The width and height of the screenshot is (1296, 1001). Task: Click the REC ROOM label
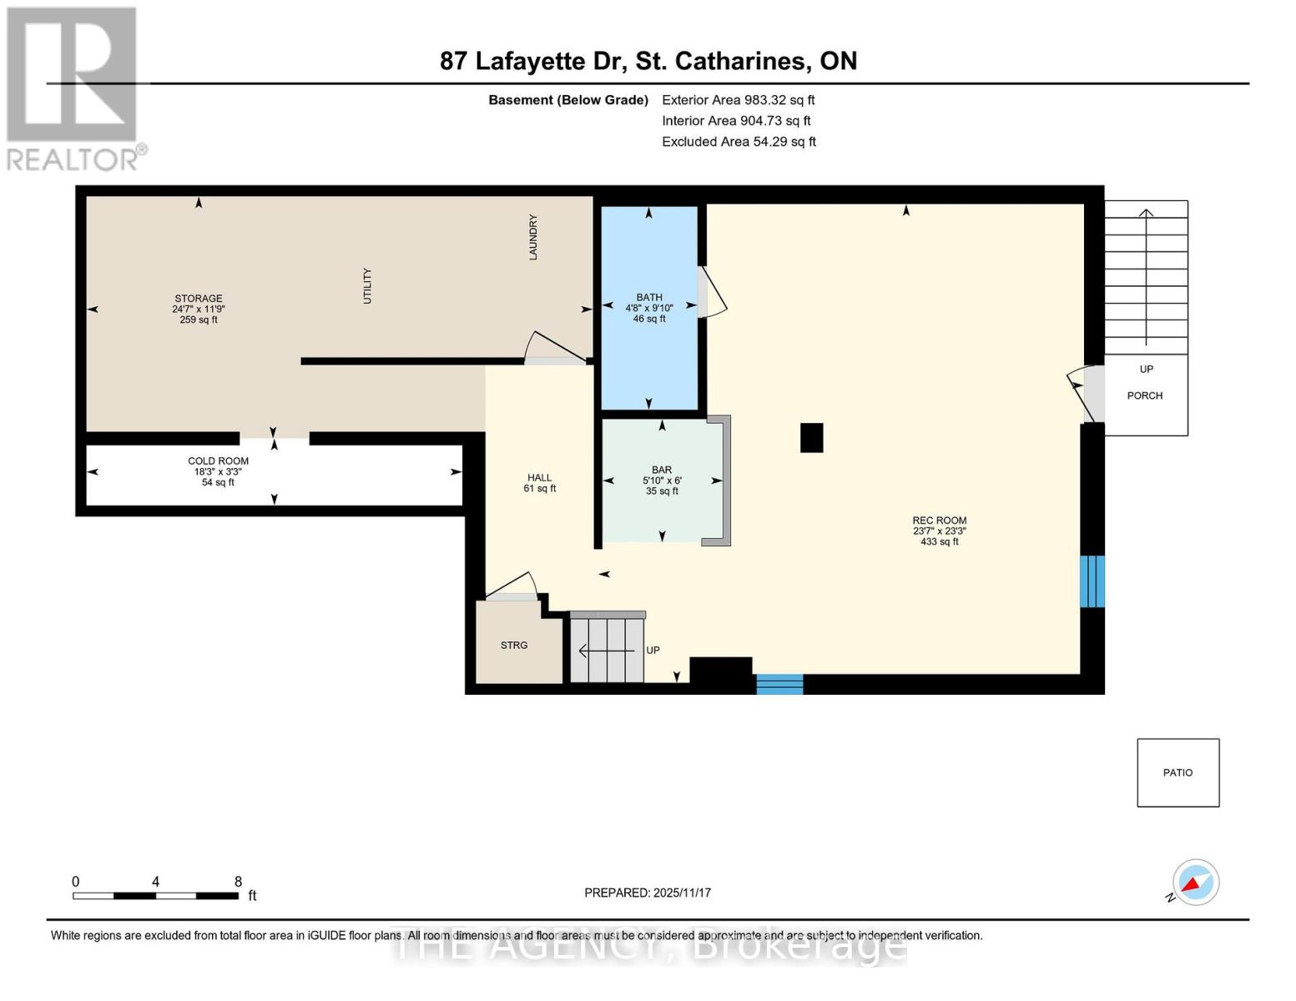[x=939, y=521]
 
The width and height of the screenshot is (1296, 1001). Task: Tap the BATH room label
[x=649, y=298]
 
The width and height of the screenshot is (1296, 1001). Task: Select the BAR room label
[x=662, y=470]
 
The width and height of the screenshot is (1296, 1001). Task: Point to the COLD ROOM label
[x=218, y=461]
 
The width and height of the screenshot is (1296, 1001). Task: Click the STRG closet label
[x=514, y=646]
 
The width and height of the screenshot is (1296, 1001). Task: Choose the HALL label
[x=539, y=478]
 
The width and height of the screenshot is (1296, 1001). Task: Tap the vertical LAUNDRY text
[x=533, y=237]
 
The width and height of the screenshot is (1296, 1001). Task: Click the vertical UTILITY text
[x=367, y=286]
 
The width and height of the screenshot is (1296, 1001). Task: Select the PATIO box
[x=1177, y=772]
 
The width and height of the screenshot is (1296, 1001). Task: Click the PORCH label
[x=1144, y=395]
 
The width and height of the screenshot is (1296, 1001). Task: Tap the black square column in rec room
[x=811, y=437]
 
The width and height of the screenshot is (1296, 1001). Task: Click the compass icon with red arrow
[x=1195, y=882]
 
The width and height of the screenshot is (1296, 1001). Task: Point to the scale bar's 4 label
[x=155, y=882]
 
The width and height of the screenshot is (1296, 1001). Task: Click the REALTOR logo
[x=73, y=88]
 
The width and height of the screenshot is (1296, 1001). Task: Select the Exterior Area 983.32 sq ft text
[x=738, y=100]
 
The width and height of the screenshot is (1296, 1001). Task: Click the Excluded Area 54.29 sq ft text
[x=739, y=142]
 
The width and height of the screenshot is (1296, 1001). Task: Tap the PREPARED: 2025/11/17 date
[x=648, y=893]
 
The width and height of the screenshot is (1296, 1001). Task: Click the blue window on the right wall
[x=1092, y=581]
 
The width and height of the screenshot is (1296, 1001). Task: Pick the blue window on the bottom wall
[x=779, y=684]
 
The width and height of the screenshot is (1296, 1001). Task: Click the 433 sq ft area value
[x=939, y=542]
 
